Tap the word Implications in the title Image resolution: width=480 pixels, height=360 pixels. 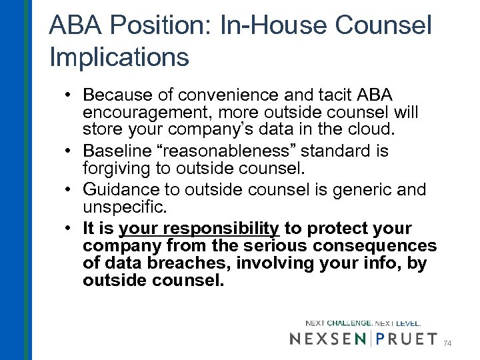pyautogui.click(x=119, y=57)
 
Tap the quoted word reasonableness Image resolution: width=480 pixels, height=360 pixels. pyautogui.click(x=253, y=152)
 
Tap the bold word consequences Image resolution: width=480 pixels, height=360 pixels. pyautogui.click(x=370, y=245)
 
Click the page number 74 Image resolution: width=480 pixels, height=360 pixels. pyautogui.click(x=447, y=343)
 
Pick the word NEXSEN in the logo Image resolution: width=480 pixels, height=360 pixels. pyautogui.click(x=329, y=339)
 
